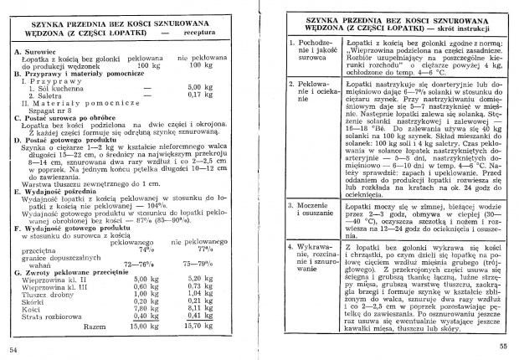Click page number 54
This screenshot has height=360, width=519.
(x=13, y=347)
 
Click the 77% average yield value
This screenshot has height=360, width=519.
(x=203, y=249)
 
